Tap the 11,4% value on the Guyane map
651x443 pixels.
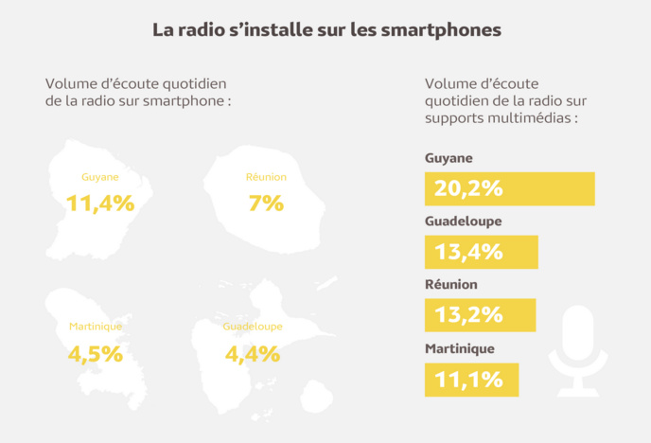coord(100,202)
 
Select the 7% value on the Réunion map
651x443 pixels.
coord(266,202)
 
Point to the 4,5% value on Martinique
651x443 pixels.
coord(96,354)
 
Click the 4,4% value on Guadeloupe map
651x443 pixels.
coord(253,354)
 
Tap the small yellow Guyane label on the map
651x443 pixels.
coord(100,177)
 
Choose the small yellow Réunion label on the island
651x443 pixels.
coord(265,177)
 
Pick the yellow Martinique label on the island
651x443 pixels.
coord(96,327)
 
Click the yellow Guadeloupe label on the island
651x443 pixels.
coord(253,327)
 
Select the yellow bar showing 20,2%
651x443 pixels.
coord(509,189)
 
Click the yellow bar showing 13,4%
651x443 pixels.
coord(481,252)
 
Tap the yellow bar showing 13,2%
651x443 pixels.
coord(480,315)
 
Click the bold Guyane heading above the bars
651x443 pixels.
coord(449,158)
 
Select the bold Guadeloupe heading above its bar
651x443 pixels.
coord(464,221)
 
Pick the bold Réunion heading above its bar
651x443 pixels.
coord(451,284)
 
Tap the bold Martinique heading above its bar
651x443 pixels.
coord(460,348)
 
